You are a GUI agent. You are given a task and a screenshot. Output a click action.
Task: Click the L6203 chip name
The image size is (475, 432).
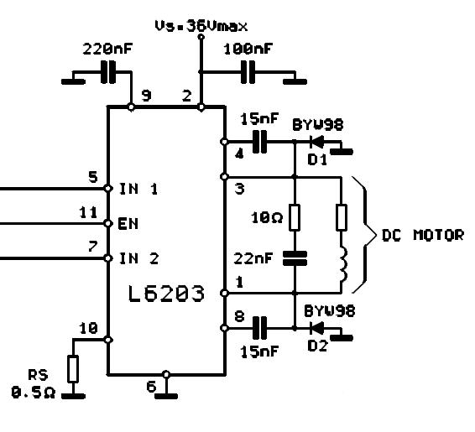[166, 294]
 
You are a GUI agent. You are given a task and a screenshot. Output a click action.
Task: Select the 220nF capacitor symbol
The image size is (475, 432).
[108, 72]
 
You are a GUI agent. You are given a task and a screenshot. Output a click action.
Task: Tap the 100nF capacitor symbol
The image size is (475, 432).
[248, 72]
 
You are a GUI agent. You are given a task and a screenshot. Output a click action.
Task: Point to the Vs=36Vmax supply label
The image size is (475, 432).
[201, 26]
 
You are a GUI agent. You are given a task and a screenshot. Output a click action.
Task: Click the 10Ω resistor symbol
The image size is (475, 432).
[295, 217]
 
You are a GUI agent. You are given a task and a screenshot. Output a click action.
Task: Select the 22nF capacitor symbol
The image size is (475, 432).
[295, 258]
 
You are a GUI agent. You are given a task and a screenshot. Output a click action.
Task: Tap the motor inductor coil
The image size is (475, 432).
[342, 264]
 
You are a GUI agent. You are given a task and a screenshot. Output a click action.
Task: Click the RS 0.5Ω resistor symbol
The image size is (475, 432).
[73, 368]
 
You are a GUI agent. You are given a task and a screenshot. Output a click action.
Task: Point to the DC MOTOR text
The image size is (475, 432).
[423, 235]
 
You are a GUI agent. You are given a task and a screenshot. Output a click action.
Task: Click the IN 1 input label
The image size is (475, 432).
[138, 189]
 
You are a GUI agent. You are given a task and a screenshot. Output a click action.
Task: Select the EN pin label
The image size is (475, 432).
[128, 224]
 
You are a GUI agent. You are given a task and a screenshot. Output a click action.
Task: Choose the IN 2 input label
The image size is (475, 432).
[139, 259]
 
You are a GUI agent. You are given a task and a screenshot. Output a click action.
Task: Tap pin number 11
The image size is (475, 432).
[88, 212]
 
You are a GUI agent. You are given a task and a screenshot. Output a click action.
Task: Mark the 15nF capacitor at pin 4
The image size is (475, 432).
[259, 142]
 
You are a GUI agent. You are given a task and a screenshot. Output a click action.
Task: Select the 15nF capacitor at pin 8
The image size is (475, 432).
[259, 328]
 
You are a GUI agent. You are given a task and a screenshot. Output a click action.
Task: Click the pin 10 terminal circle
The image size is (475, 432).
[108, 340]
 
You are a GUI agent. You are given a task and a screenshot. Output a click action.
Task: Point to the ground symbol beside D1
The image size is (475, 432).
[342, 151]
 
